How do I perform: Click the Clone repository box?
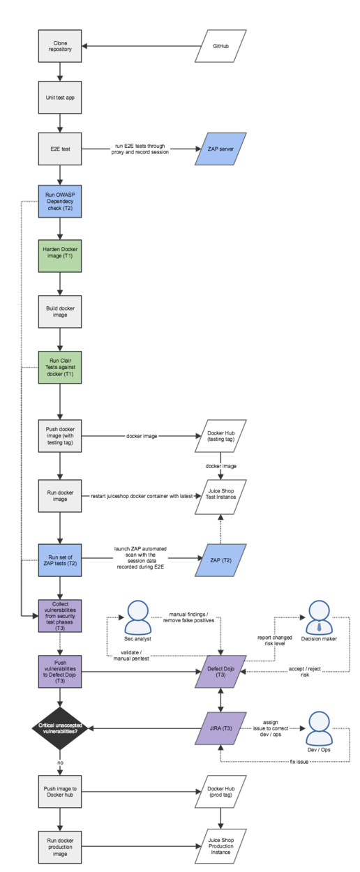pyautogui.click(x=60, y=46)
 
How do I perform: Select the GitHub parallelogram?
pyautogui.click(x=220, y=46)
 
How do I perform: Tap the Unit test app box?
pyautogui.click(x=60, y=98)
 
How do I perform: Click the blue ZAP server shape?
pyautogui.click(x=220, y=149)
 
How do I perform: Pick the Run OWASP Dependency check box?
pyautogui.click(x=60, y=202)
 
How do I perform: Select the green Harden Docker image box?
pyautogui.click(x=60, y=256)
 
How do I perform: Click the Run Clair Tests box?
pyautogui.click(x=60, y=367)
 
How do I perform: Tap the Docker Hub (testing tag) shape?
pyautogui.click(x=220, y=435)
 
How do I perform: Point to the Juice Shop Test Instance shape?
pyautogui.click(x=220, y=497)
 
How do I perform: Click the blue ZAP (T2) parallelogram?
pyautogui.click(x=220, y=559)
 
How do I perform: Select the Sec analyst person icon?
pyautogui.click(x=137, y=617)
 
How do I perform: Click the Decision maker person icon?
pyautogui.click(x=319, y=617)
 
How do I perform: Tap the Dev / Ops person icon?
pyautogui.click(x=319, y=729)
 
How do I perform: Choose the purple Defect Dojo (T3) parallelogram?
pyautogui.click(x=220, y=672)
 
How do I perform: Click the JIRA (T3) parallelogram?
pyautogui.click(x=220, y=728)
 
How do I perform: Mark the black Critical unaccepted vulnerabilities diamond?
pyautogui.click(x=60, y=728)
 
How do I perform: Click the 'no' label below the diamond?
pyautogui.click(x=60, y=762)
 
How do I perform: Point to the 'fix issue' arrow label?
pyautogui.click(x=299, y=762)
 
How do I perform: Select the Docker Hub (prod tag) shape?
pyautogui.click(x=220, y=791)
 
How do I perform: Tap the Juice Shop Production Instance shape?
pyautogui.click(x=220, y=846)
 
